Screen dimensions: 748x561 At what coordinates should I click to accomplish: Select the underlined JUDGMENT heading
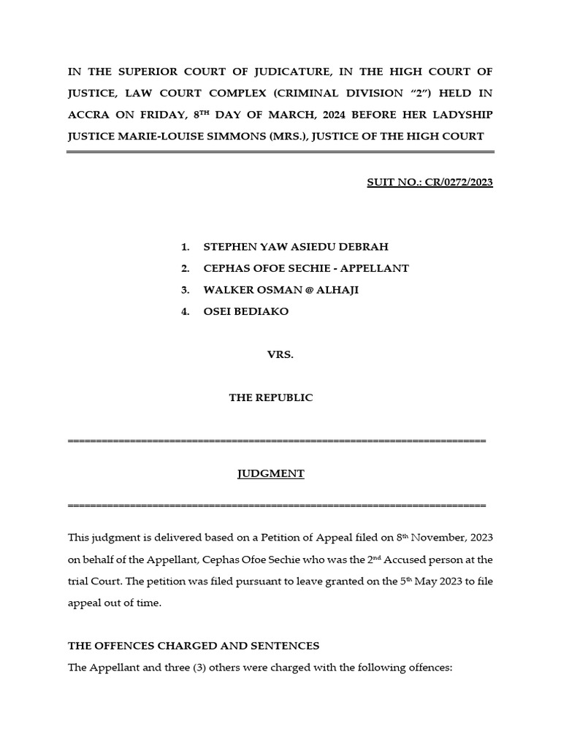point(270,473)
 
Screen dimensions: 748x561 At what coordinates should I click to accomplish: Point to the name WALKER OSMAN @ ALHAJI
point(281,290)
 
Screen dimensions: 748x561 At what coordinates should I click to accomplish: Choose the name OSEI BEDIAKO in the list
point(246,311)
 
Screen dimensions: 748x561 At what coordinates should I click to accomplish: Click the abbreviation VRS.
point(280,354)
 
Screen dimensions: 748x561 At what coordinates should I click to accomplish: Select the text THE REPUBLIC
point(270,397)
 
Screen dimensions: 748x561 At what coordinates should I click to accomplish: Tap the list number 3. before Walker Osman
point(186,290)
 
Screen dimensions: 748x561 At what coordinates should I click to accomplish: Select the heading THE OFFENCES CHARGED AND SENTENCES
point(194,646)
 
